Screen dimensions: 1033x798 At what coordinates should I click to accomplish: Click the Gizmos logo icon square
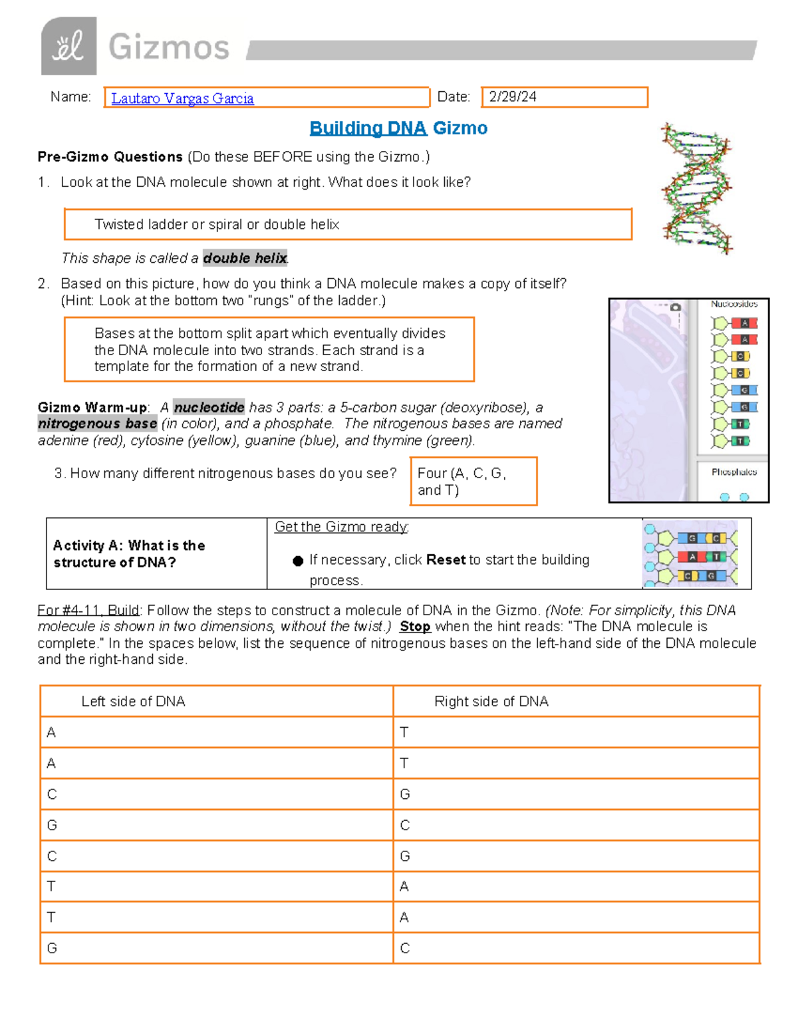pyautogui.click(x=68, y=47)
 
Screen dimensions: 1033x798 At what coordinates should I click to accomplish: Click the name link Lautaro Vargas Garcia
pyautogui.click(x=182, y=98)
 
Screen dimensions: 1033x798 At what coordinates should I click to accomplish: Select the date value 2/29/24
pyautogui.click(x=513, y=97)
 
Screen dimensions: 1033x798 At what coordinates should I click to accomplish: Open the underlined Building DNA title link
pyautogui.click(x=368, y=128)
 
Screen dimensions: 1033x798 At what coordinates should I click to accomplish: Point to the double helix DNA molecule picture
pyautogui.click(x=696, y=188)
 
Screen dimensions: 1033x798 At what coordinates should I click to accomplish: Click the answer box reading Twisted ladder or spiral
pyautogui.click(x=347, y=225)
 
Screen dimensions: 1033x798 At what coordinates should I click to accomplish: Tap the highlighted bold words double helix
pyautogui.click(x=245, y=258)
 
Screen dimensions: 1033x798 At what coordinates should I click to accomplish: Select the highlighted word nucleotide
pyautogui.click(x=209, y=407)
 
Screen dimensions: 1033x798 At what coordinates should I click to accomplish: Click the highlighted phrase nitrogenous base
pyautogui.click(x=97, y=424)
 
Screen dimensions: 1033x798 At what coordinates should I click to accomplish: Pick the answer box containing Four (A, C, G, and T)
pyautogui.click(x=473, y=482)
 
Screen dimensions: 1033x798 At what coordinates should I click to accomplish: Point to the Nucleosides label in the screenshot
pyautogui.click(x=734, y=304)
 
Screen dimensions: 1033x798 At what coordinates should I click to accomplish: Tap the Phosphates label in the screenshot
pyautogui.click(x=734, y=472)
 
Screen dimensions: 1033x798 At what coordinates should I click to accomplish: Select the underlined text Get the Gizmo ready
pyautogui.click(x=342, y=527)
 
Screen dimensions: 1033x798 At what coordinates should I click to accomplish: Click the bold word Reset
pyautogui.click(x=446, y=560)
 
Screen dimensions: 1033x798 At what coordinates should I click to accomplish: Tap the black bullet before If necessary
pyautogui.click(x=298, y=561)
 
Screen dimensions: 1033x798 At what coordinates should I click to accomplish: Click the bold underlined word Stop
pyautogui.click(x=415, y=627)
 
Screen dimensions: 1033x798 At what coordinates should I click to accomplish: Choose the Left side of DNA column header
pyautogui.click(x=133, y=701)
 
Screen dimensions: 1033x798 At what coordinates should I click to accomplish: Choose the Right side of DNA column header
pyautogui.click(x=491, y=701)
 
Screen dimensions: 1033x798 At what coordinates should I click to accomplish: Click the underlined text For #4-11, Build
pyautogui.click(x=88, y=611)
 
